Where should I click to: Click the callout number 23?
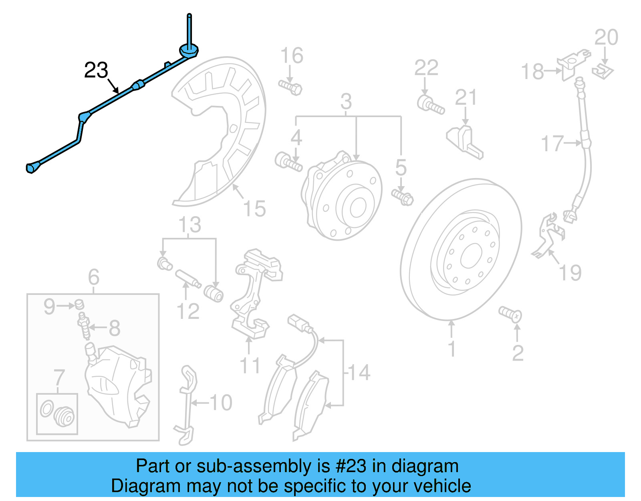[x=96, y=71]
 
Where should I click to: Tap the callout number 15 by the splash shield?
[x=254, y=209]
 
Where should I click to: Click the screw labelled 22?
[x=430, y=104]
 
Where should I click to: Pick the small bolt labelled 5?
[x=403, y=197]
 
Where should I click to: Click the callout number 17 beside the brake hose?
[x=552, y=144]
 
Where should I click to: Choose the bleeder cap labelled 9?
[x=79, y=304]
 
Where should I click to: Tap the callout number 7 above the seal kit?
[x=59, y=377]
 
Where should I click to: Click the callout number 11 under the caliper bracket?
[x=249, y=366]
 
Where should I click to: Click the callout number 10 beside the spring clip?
[x=221, y=402]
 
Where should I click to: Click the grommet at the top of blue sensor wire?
[x=188, y=51]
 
